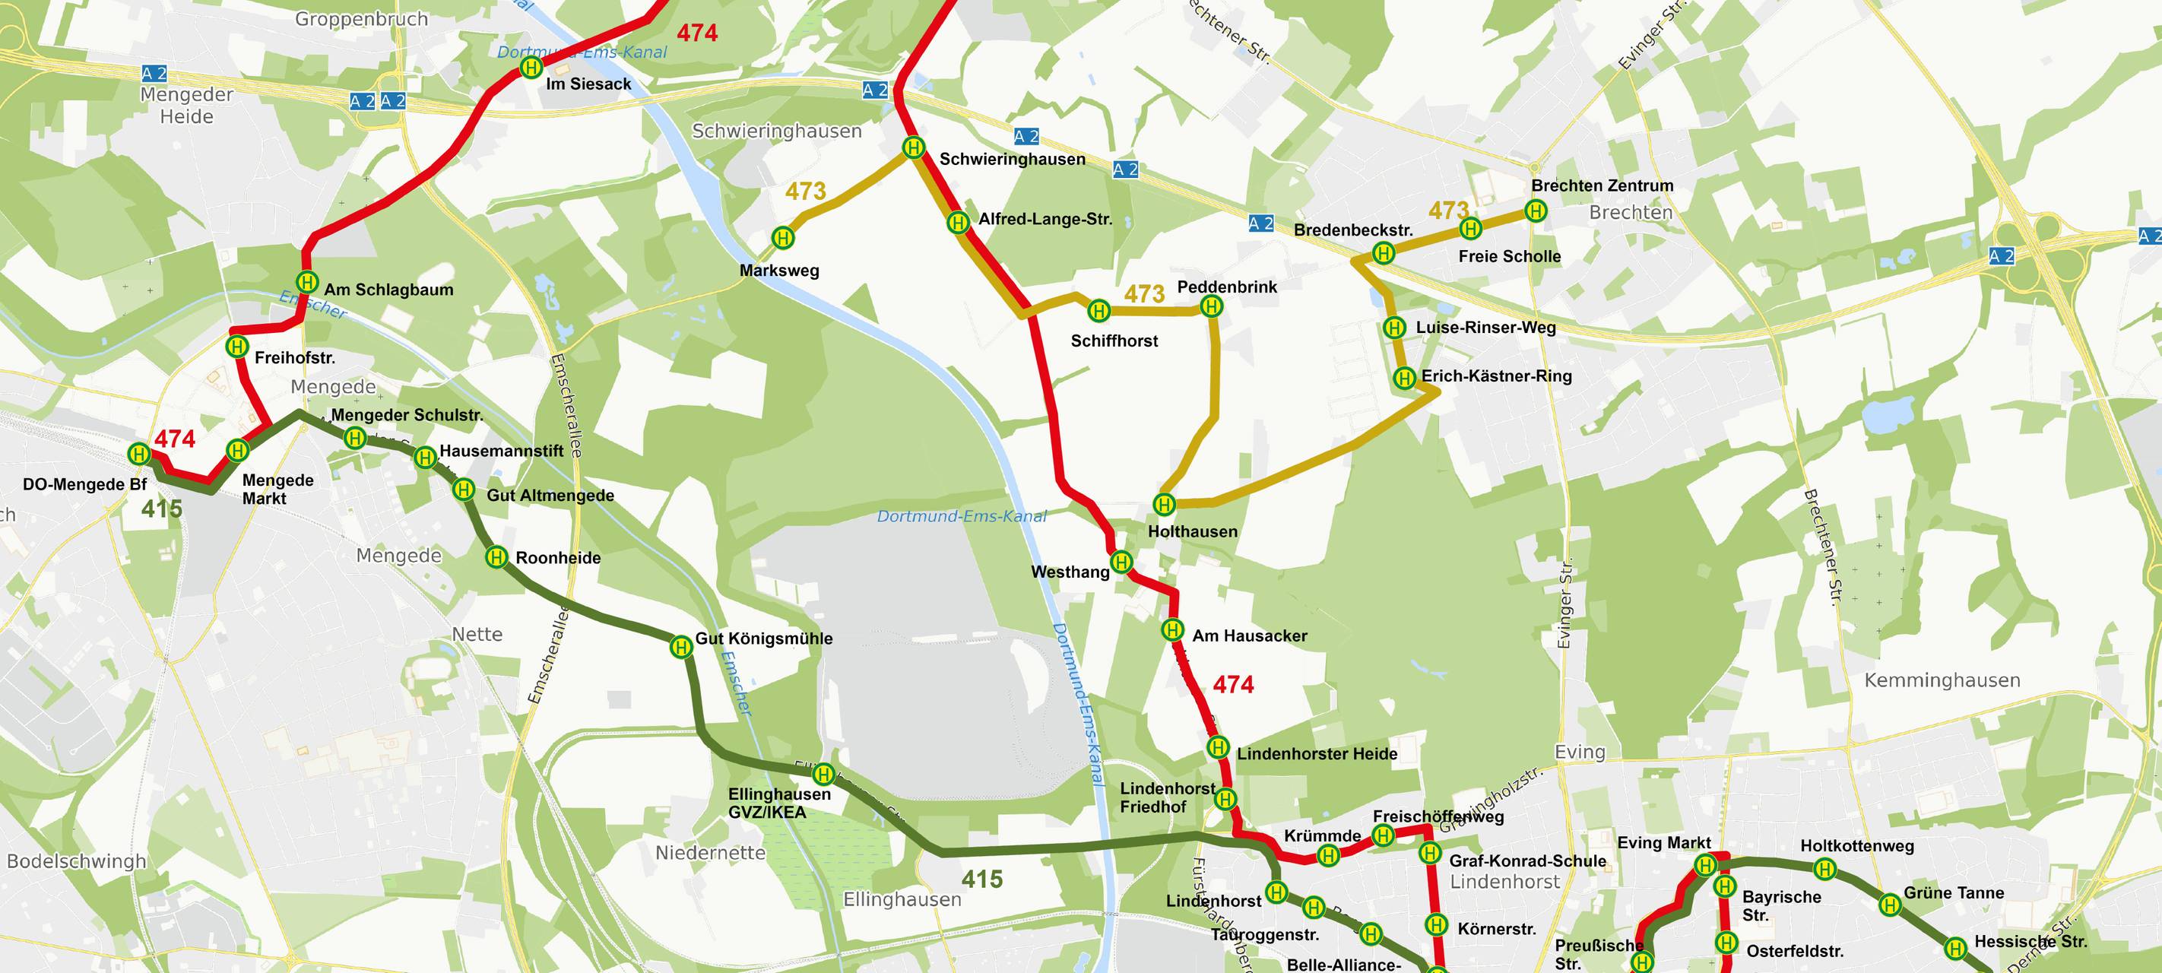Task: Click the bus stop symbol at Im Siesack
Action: pyautogui.click(x=531, y=68)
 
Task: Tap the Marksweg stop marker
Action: pyautogui.click(x=783, y=239)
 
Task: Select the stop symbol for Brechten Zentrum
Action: pyautogui.click(x=1536, y=211)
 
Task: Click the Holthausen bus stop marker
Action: pyautogui.click(x=1164, y=504)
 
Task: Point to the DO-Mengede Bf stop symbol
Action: pyautogui.click(x=139, y=454)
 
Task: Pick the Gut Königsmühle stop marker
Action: pyautogui.click(x=680, y=646)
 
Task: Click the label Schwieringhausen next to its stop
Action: pyautogui.click(x=1011, y=160)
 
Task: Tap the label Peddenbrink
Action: pyautogui.click(x=1226, y=287)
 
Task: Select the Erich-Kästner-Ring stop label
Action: pyautogui.click(x=1495, y=376)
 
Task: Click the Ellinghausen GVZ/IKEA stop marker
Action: pyautogui.click(x=824, y=774)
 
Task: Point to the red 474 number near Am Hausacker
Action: pyautogui.click(x=1233, y=685)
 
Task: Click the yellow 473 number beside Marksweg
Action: pyautogui.click(x=806, y=192)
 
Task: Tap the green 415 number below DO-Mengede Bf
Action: pyautogui.click(x=162, y=509)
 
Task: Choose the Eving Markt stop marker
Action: pyautogui.click(x=1704, y=865)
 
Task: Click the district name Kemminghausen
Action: pyautogui.click(x=1942, y=681)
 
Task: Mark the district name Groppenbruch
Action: pyautogui.click(x=361, y=18)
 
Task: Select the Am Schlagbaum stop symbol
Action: pyautogui.click(x=307, y=281)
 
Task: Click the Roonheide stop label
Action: pyautogui.click(x=557, y=558)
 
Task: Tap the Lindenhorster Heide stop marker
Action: pyautogui.click(x=1218, y=746)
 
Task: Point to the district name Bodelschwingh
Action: pyautogui.click(x=76, y=861)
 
